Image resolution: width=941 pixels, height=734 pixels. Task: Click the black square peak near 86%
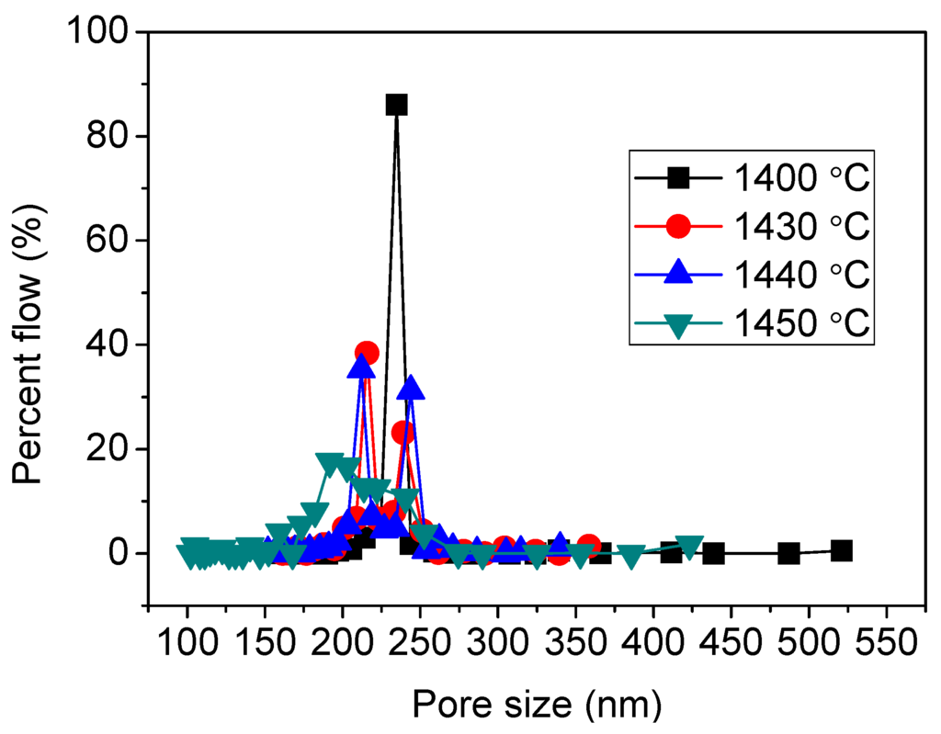[x=396, y=105]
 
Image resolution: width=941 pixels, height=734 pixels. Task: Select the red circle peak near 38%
[x=367, y=353]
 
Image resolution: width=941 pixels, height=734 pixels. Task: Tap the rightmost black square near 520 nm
[x=841, y=550]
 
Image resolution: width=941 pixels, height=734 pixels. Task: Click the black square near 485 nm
[x=788, y=553]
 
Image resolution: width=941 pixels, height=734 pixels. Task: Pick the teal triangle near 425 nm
[x=690, y=546]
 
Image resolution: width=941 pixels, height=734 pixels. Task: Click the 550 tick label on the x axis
[x=886, y=639]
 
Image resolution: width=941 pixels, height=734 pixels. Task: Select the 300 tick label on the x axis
[x=498, y=639]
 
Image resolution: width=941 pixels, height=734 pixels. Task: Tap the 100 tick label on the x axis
[x=187, y=639]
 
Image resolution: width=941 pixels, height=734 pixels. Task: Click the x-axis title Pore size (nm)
[x=536, y=705]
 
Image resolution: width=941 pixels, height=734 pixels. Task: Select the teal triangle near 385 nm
[x=630, y=556]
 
